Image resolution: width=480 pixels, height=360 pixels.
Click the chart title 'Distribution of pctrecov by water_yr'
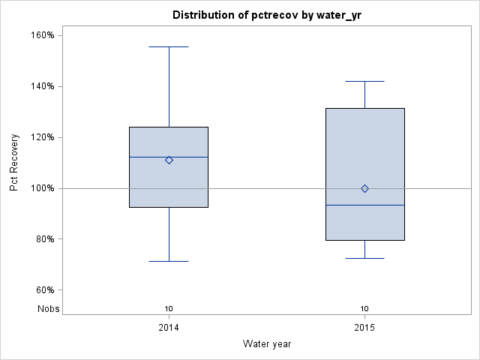coord(266,15)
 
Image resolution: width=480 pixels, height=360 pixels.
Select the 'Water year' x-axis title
coord(266,343)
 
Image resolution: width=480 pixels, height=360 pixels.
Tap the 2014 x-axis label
coord(169,328)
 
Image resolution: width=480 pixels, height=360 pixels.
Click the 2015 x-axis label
coord(364,328)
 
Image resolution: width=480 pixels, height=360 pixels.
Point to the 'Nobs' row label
coord(48,308)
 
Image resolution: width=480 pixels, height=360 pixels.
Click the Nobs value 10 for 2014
coord(169,308)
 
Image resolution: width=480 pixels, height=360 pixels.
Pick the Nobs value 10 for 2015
coord(364,308)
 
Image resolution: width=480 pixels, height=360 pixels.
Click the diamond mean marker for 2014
coord(169,160)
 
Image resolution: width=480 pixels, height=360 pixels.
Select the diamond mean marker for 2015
coord(364,188)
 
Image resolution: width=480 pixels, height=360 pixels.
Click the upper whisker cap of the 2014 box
coord(169,46)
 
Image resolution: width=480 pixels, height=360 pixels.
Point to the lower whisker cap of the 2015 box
coord(364,258)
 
